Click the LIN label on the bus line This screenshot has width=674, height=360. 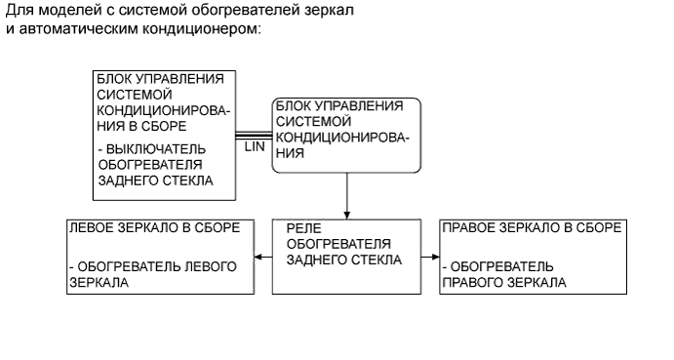[x=254, y=145]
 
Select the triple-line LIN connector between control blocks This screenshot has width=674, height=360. [x=253, y=134]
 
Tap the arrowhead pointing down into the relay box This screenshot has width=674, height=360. [x=346, y=215]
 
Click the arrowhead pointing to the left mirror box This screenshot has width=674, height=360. [x=258, y=258]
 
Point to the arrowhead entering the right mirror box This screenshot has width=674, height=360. [x=434, y=258]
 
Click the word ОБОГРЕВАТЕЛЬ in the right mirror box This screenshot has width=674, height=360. [x=501, y=266]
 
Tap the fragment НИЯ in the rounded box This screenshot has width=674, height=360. [x=290, y=153]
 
